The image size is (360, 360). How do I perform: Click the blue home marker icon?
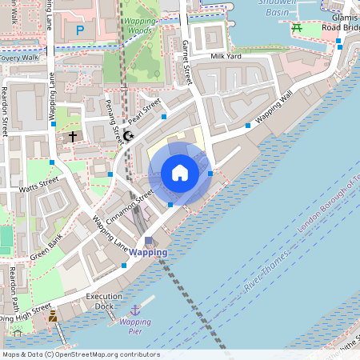tap(180, 172)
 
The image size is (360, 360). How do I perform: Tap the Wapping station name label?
tap(148, 252)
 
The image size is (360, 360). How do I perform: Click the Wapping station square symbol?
tap(149, 240)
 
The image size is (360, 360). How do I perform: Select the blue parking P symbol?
tap(79, 30)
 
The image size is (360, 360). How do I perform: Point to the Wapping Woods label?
tap(140, 26)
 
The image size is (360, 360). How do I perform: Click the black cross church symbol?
tap(73, 137)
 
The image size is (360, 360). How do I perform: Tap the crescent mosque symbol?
tap(128, 136)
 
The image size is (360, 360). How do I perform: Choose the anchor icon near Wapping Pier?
tap(135, 310)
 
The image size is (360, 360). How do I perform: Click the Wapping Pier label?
tap(134, 326)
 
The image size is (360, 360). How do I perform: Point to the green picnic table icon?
tap(297, 28)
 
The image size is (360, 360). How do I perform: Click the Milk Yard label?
tap(226, 57)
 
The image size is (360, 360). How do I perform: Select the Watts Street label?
tap(38, 186)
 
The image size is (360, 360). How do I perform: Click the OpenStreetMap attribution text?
tap(81, 354)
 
